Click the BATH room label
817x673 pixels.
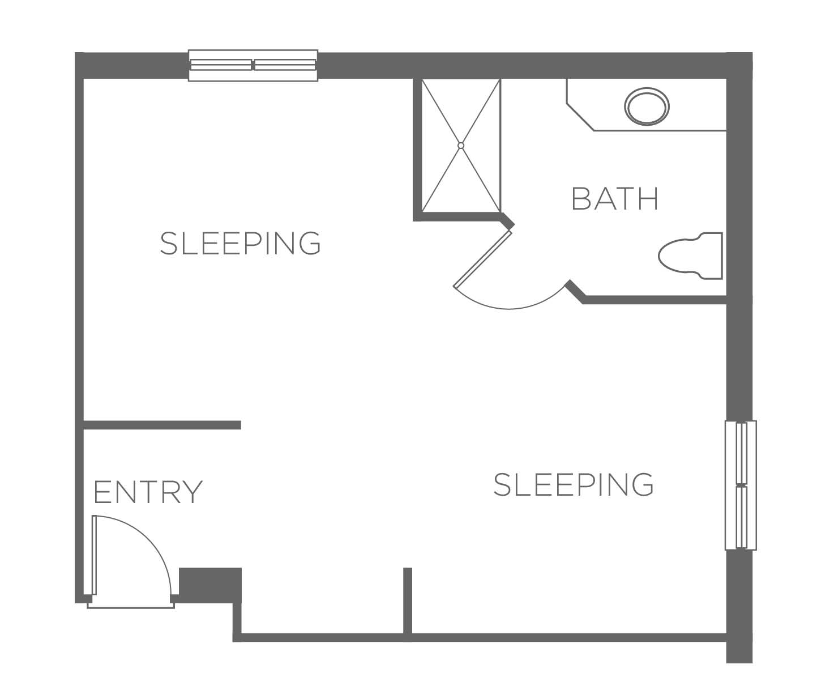point(614,199)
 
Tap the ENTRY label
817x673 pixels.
point(148,492)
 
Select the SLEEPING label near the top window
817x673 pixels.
point(240,243)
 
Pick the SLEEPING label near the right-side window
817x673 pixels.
point(574,484)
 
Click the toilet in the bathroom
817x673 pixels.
point(690,256)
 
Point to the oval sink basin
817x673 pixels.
point(647,107)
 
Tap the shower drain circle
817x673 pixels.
point(461,146)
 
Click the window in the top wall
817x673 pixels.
point(253,66)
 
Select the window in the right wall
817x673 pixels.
point(741,485)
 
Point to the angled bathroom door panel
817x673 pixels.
point(483,259)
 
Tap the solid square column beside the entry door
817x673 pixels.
point(211,585)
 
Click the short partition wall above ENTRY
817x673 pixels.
point(162,425)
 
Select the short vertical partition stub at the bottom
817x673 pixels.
point(407,604)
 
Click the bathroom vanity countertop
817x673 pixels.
point(646,105)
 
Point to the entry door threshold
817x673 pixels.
point(131,606)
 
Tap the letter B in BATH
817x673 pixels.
point(581,199)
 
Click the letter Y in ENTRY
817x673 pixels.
point(192,492)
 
